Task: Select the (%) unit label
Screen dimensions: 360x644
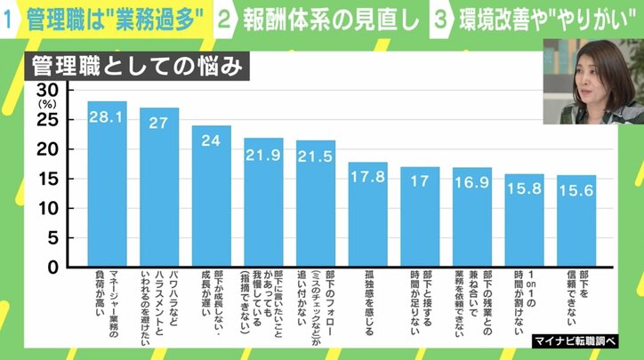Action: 45,105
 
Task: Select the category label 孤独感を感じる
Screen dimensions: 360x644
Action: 367,298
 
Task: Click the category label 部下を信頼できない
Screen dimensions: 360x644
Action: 576,301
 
